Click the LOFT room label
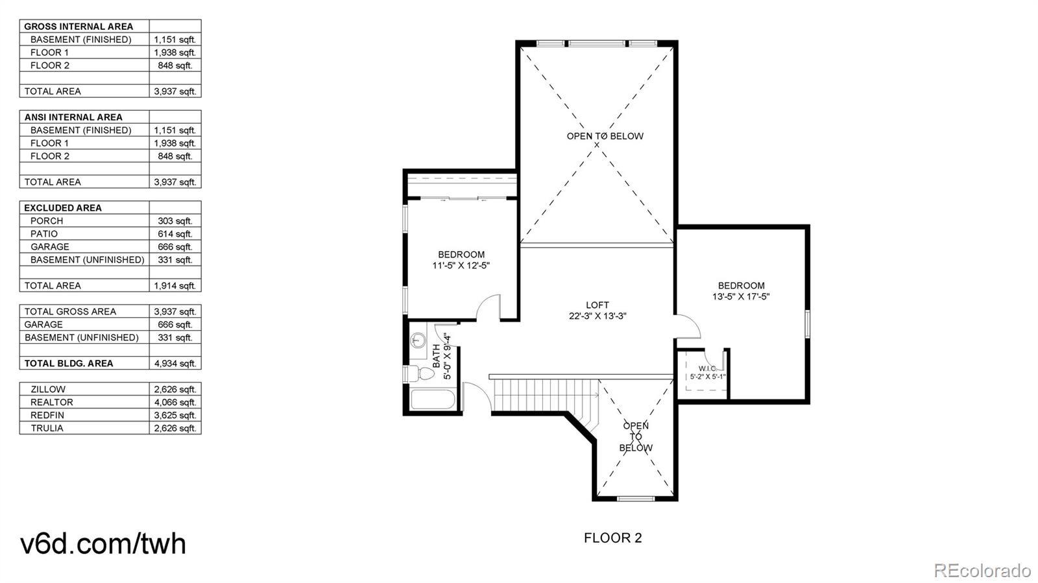tap(597, 305)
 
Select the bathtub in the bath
tap(433, 399)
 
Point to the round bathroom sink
tap(418, 340)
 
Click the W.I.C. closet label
tap(708, 368)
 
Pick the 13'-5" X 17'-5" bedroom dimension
tap(741, 297)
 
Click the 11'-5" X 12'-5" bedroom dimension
tap(461, 266)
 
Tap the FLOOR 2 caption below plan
tap(612, 538)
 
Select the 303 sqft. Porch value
tap(175, 221)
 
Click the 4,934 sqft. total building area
tap(175, 364)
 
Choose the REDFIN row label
tap(47, 416)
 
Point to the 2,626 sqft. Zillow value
tap(175, 390)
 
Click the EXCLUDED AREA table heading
tap(63, 208)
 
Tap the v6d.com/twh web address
tap(103, 543)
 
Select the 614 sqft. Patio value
tap(175, 234)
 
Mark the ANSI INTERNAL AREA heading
tap(73, 117)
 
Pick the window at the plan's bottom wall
tap(636, 498)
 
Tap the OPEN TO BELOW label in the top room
tap(605, 136)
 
